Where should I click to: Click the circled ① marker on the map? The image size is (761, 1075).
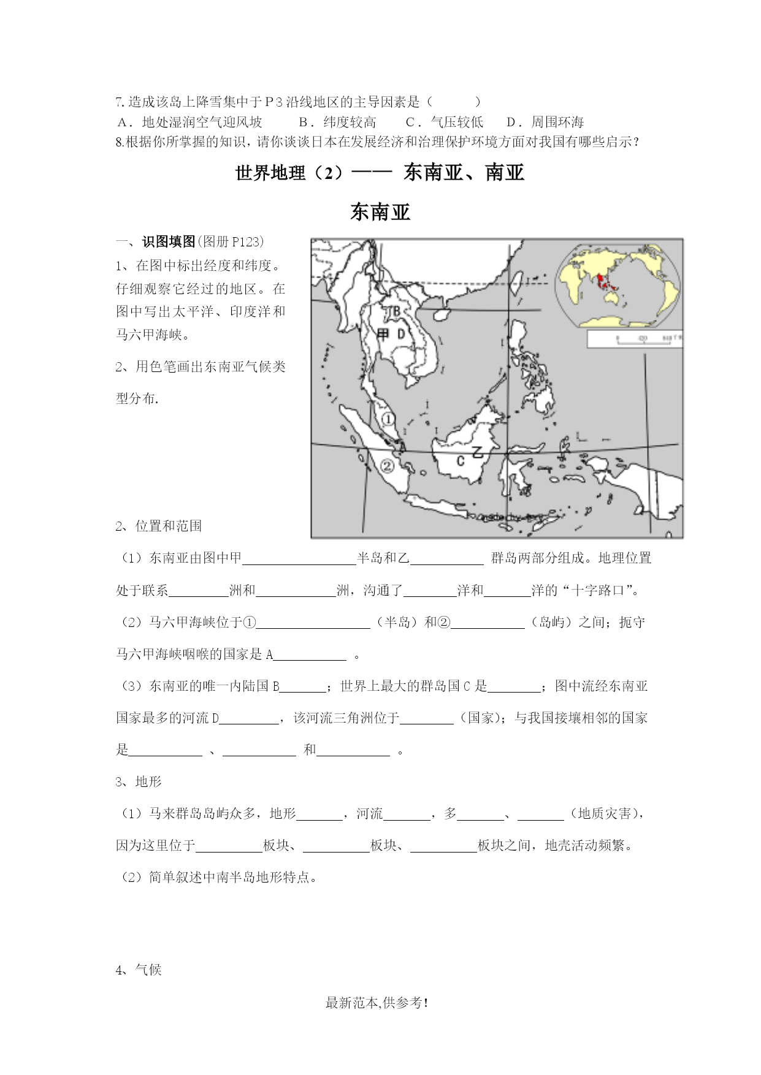[388, 419]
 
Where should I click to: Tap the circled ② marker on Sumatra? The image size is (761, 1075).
[387, 466]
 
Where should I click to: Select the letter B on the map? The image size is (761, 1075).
[396, 311]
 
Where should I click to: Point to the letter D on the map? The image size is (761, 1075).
[401, 334]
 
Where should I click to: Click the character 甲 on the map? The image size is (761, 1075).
[383, 334]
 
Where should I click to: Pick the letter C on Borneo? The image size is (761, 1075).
[461, 460]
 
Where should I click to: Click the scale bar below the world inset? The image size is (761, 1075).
[634, 338]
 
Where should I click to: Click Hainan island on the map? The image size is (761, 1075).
[440, 313]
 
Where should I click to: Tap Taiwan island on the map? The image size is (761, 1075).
[516, 283]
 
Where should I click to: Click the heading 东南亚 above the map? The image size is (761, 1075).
[380, 212]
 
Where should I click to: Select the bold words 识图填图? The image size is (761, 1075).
[169, 241]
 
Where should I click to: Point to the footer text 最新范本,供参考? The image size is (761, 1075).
[377, 1003]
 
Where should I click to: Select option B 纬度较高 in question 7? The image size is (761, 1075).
[337, 121]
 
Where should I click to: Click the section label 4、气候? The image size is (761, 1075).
[139, 970]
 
